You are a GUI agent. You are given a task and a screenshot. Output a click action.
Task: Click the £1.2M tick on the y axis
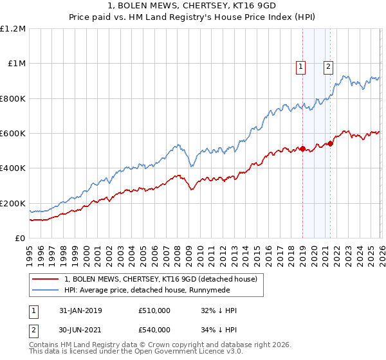[14, 29]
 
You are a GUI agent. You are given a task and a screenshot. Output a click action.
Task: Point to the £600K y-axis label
[13, 134]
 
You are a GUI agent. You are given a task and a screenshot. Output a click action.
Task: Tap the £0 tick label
[21, 239]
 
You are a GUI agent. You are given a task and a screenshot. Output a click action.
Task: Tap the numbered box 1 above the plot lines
[301, 65]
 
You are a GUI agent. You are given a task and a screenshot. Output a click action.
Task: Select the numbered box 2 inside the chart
[328, 65]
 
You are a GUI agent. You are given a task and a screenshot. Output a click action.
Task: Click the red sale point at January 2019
[302, 149]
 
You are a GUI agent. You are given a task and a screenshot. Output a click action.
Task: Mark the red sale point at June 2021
[330, 143]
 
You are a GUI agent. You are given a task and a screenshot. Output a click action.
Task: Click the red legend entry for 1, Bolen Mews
[160, 279]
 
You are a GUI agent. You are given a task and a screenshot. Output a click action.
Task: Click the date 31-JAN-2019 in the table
[80, 310]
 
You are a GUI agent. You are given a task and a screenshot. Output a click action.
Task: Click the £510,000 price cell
[154, 310]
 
